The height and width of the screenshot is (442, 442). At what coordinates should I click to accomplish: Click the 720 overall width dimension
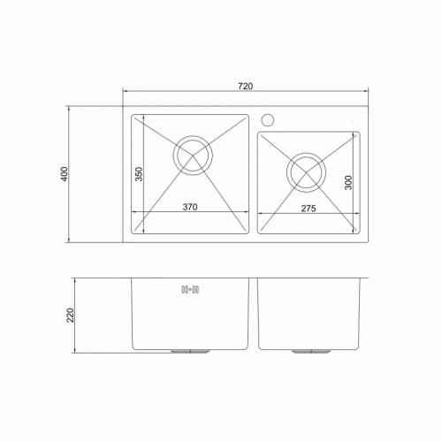[x=245, y=86]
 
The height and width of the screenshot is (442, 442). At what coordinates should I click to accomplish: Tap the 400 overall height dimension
[x=65, y=174]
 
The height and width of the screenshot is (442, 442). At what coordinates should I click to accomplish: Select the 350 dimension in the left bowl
[x=139, y=174]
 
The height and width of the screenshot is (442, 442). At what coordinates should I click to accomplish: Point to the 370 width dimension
[x=190, y=207]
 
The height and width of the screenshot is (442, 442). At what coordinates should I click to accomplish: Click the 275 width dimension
[x=309, y=209]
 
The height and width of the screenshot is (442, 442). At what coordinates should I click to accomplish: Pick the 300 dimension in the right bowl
[x=348, y=183]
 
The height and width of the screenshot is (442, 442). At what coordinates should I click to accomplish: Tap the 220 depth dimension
[x=70, y=316]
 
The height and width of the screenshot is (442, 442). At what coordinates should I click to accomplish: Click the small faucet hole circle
[x=268, y=120]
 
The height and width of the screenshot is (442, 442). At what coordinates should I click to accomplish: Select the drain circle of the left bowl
[x=193, y=136]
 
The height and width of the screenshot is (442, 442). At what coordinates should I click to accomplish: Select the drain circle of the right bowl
[x=306, y=153]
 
